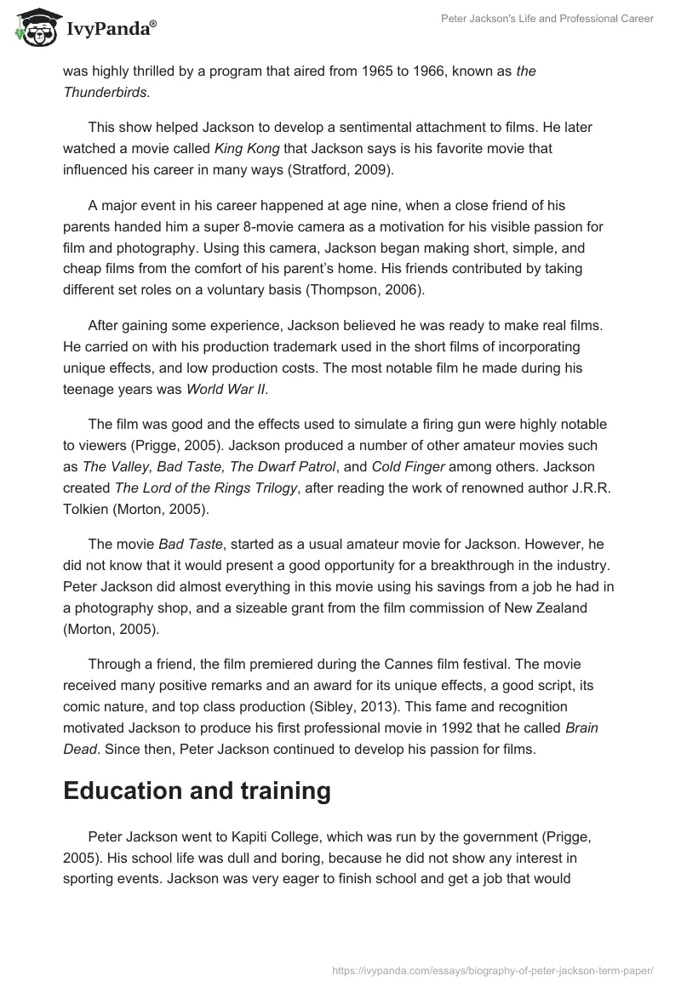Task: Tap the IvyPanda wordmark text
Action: click(111, 29)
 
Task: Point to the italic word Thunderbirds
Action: click(105, 91)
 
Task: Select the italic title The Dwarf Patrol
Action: click(286, 466)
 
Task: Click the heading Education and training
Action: click(197, 790)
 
